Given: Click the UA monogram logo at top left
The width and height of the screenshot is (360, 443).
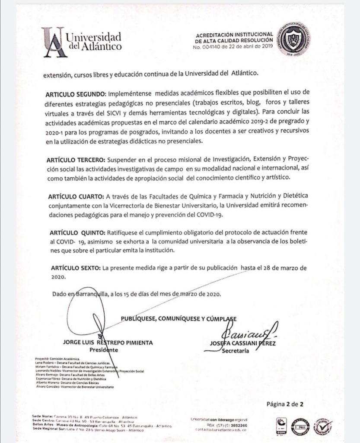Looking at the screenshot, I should click(x=54, y=42).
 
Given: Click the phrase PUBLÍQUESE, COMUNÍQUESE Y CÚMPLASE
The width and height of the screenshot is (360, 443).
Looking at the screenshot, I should click(x=178, y=319).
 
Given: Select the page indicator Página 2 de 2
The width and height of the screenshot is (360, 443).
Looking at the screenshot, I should click(x=285, y=404).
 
